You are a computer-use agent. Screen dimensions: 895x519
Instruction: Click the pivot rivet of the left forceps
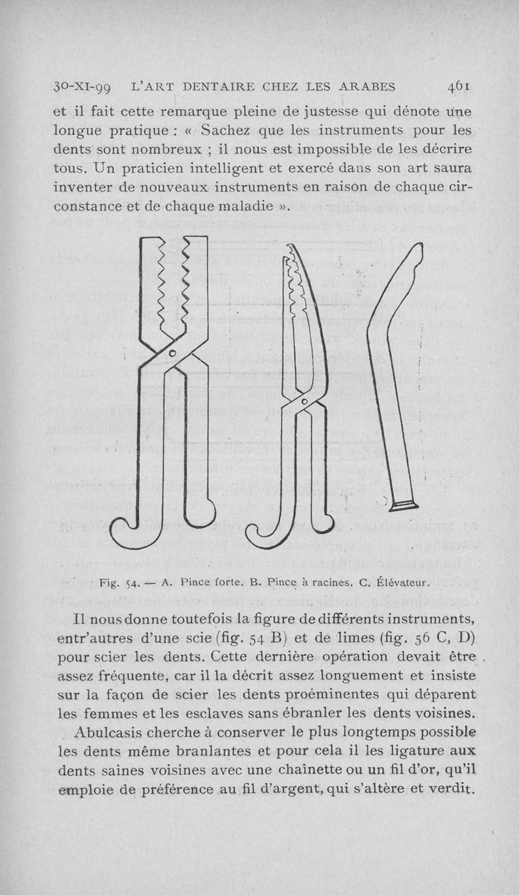click(173, 353)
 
